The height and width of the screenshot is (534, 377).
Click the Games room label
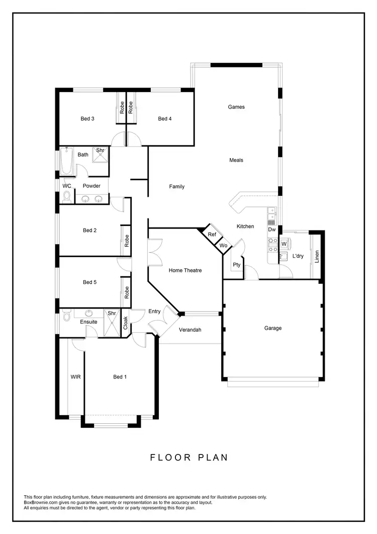click(x=236, y=107)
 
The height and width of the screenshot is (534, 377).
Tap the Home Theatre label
click(x=185, y=270)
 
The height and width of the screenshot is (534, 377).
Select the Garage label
click(x=273, y=328)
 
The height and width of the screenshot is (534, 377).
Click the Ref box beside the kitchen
click(x=212, y=235)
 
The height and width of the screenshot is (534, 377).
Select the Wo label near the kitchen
click(x=224, y=245)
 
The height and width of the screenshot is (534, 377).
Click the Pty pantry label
click(x=236, y=264)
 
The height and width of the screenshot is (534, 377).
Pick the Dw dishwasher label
click(x=271, y=230)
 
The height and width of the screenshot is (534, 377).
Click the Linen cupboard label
click(x=317, y=256)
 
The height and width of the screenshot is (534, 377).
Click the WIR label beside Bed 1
click(x=76, y=376)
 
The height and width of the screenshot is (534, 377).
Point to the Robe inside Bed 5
click(x=127, y=292)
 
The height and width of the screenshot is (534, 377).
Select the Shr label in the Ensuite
click(x=112, y=314)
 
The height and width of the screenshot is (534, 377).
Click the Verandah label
click(x=190, y=330)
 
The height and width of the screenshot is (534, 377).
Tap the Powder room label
click(x=91, y=186)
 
